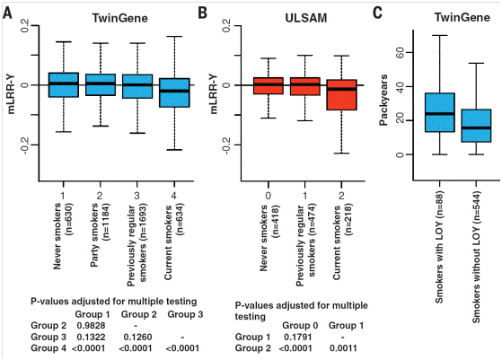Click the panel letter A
(x=7, y=13)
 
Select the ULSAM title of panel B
(x=306, y=18)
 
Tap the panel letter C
(x=378, y=13)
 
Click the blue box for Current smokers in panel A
(x=174, y=92)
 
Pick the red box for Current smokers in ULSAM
(x=341, y=95)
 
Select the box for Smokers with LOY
(x=440, y=112)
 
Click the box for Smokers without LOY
(x=476, y=126)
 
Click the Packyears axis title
(x=383, y=100)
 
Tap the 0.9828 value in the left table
(x=91, y=326)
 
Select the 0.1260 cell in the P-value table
(x=137, y=337)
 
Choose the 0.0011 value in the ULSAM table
(x=343, y=348)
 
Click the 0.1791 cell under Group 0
(x=298, y=337)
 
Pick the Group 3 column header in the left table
(x=185, y=314)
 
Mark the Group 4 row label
(x=48, y=348)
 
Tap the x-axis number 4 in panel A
(x=174, y=196)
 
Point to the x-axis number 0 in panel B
(x=269, y=196)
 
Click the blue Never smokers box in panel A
(x=64, y=84)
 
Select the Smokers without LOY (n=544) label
(x=476, y=258)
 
